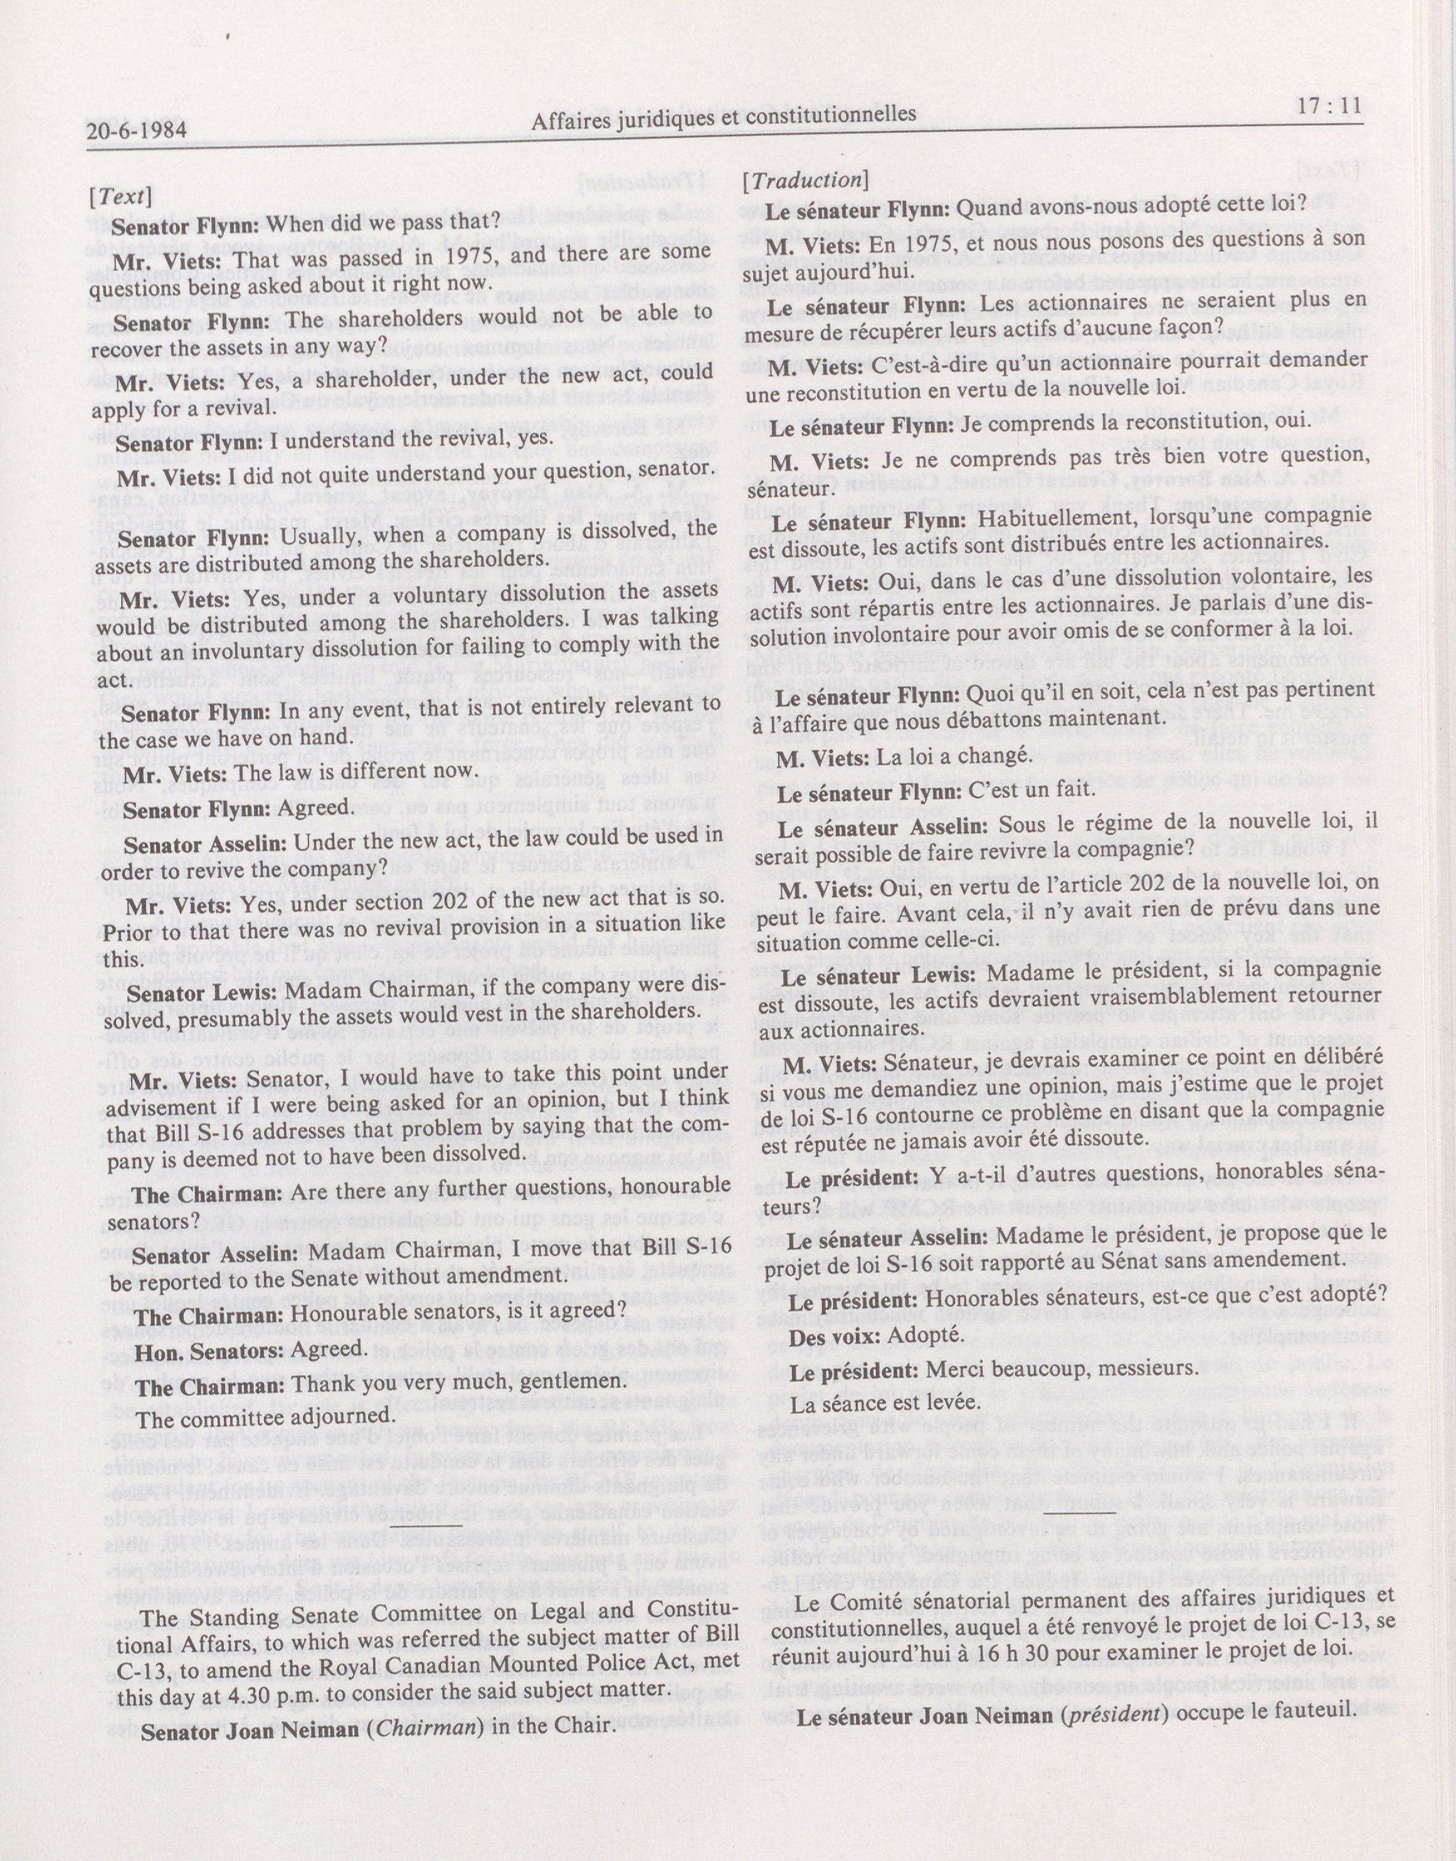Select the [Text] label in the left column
point(120,196)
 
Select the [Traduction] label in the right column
point(806,180)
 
